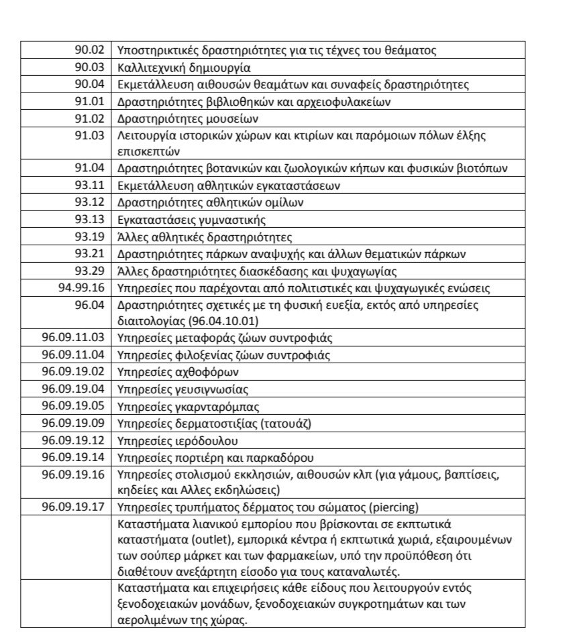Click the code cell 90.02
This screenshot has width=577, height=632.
coord(89,50)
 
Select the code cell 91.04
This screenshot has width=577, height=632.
coord(89,168)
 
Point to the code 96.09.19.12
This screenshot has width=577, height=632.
coord(73,441)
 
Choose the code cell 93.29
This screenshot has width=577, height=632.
coord(89,271)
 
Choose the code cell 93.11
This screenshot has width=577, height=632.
coord(89,185)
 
